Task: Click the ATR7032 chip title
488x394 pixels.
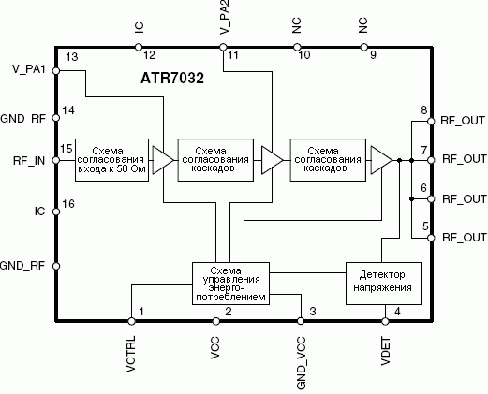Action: tap(172, 78)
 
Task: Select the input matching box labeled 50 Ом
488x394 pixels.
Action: tap(111, 160)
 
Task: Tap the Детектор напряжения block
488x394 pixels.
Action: tap(384, 284)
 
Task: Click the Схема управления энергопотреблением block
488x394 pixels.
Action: tap(230, 284)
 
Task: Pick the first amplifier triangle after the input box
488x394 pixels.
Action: tap(162, 160)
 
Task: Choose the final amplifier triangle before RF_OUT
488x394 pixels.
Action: tap(381, 160)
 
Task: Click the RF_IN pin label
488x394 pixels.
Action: tap(29, 161)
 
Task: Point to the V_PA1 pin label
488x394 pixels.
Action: tap(29, 69)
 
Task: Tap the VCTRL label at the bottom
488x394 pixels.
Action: tap(131, 354)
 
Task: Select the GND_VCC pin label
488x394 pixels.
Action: tap(301, 363)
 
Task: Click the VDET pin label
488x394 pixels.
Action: tap(386, 351)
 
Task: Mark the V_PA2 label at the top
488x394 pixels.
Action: tap(225, 17)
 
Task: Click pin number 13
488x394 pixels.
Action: tap(72, 57)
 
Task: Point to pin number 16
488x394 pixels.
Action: tap(68, 204)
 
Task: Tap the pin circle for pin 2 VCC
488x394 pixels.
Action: tap(215, 321)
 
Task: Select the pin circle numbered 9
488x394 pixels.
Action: tap(363, 47)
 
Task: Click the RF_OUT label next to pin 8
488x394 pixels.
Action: tap(463, 121)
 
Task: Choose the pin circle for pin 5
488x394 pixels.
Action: tap(431, 238)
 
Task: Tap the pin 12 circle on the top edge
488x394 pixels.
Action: tap(139, 47)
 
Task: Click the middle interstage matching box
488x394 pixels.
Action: tap(215, 160)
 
